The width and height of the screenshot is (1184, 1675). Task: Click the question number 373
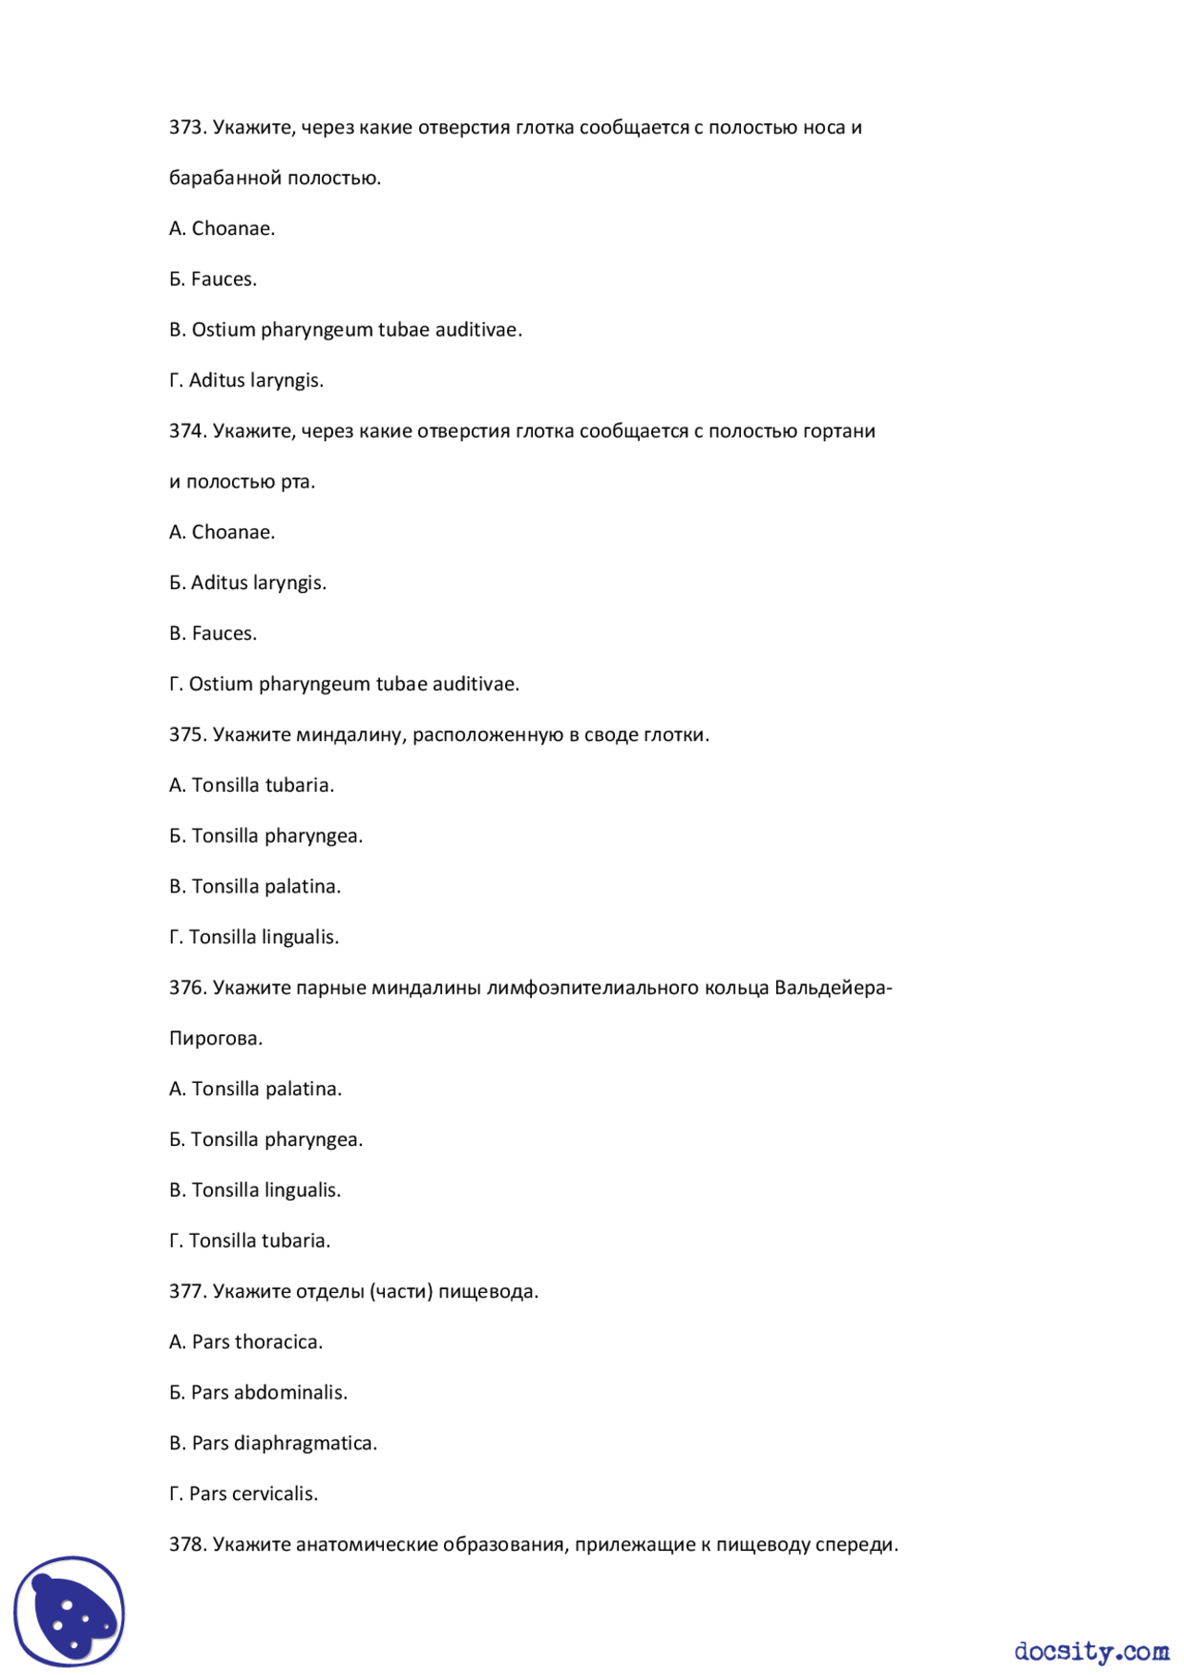click(187, 128)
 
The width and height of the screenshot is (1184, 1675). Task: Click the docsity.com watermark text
click(1091, 1651)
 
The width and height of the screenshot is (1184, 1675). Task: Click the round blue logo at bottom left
click(69, 1610)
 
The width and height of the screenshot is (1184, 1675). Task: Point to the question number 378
click(187, 1545)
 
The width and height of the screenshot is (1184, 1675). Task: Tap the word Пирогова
click(216, 1039)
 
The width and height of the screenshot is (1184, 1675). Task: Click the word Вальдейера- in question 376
click(832, 988)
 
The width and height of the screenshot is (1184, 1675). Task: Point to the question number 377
click(187, 1291)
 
